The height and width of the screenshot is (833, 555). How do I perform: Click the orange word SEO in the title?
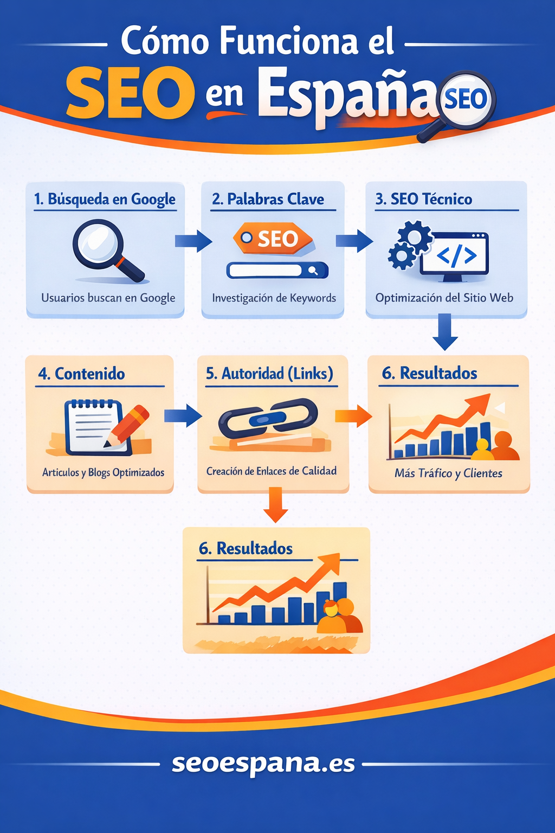(130, 92)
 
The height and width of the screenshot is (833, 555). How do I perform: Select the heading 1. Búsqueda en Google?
(105, 200)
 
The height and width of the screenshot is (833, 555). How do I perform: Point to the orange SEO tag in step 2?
(273, 239)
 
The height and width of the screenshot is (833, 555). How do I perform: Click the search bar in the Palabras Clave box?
(277, 271)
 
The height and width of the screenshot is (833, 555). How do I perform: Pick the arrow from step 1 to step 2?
(193, 241)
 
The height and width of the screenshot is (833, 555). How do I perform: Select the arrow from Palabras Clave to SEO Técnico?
(354, 241)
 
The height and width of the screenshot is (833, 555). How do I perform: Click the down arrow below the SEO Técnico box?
(445, 332)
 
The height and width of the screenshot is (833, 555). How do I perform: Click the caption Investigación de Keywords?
(274, 298)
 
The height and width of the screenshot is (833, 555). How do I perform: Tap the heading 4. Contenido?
(81, 374)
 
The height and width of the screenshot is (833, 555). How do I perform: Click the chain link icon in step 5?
(268, 418)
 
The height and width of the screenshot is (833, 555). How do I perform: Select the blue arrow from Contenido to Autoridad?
(183, 416)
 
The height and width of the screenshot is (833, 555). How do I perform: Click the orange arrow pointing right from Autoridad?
(353, 416)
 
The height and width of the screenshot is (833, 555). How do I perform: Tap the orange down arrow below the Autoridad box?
(275, 505)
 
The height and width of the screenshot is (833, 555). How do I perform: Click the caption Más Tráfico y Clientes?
(448, 473)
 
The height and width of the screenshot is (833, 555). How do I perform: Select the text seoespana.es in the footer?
(263, 764)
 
